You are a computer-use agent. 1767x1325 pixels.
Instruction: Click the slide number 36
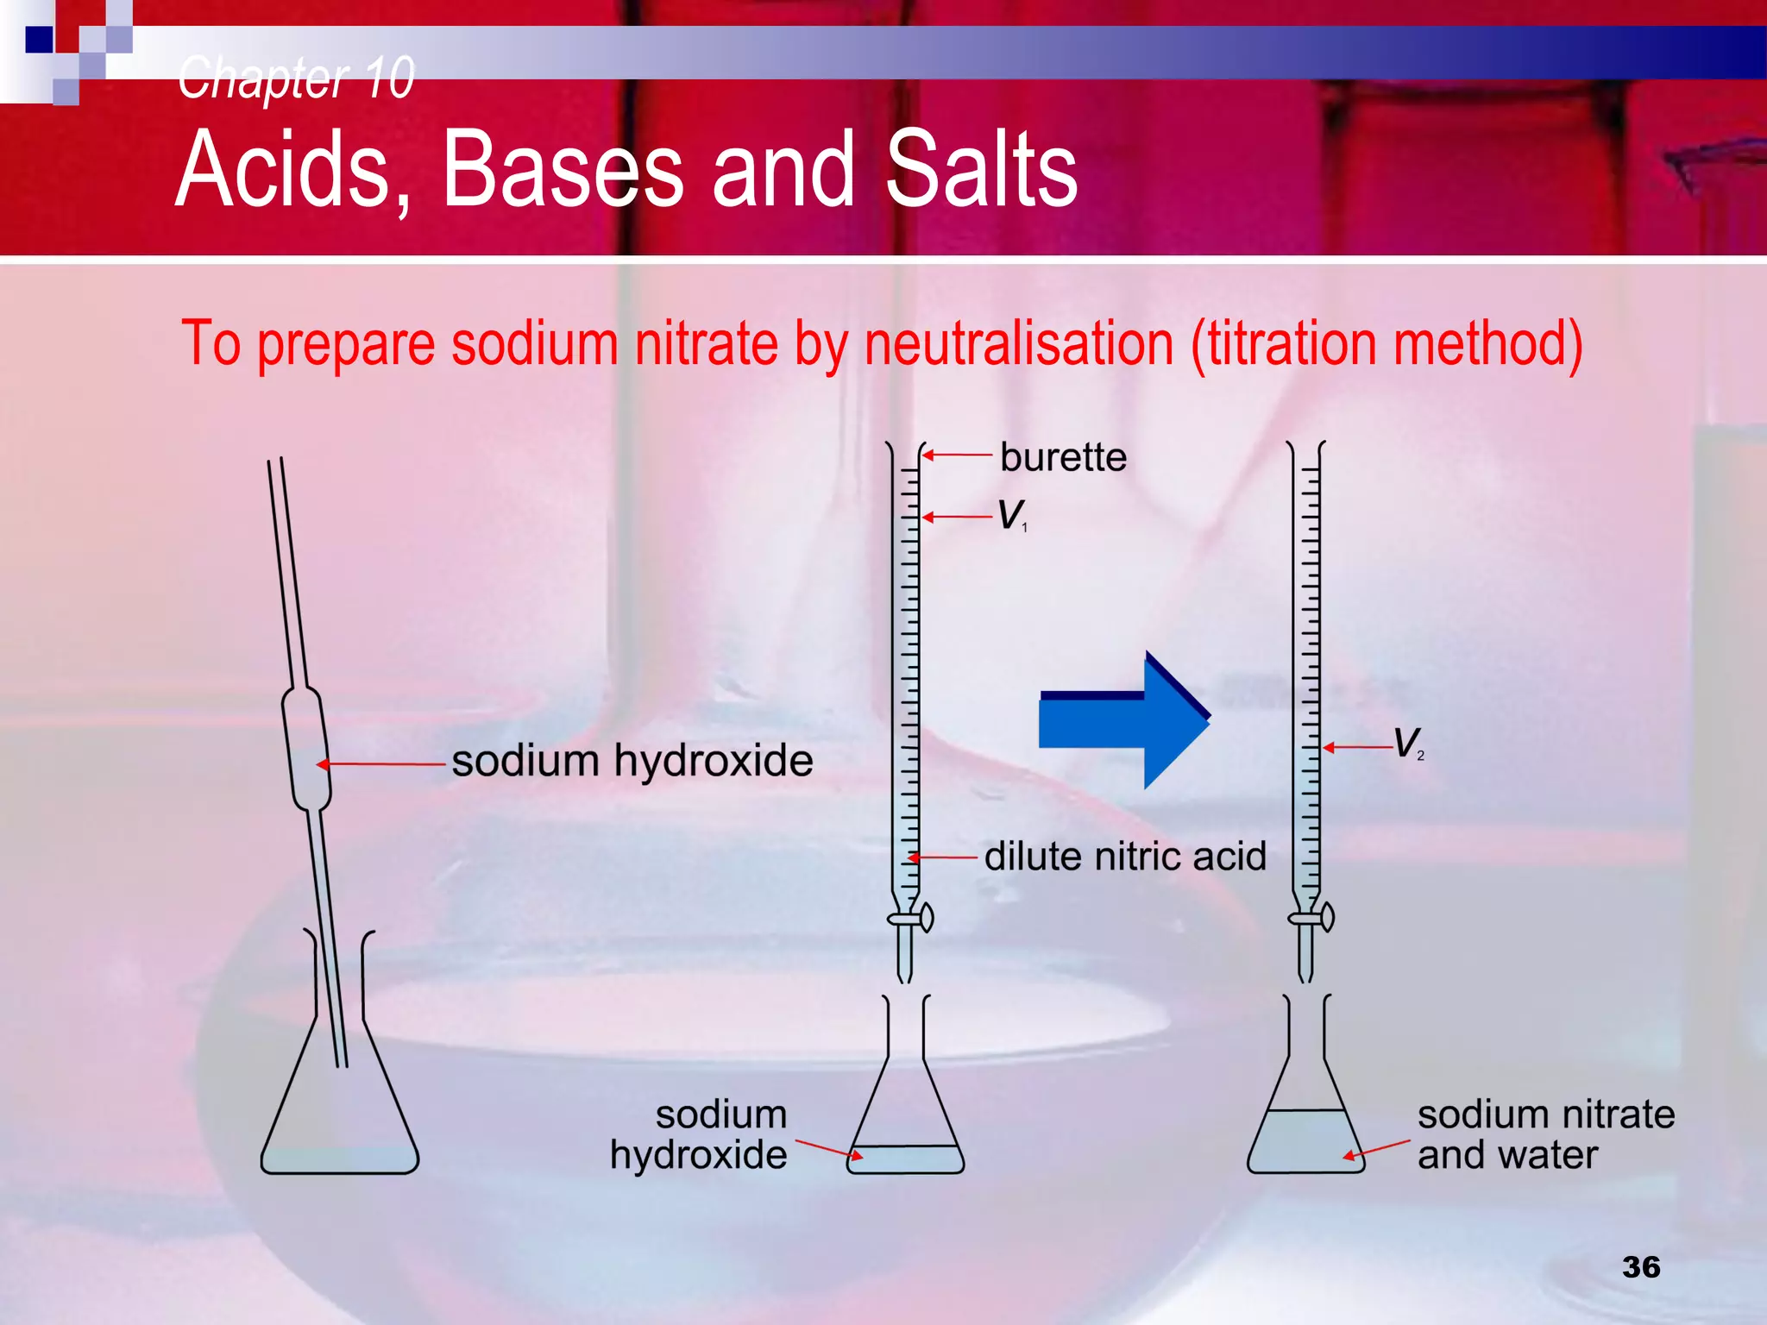1640,1266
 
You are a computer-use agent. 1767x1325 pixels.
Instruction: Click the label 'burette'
1063,457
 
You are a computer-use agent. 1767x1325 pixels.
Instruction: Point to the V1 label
1011,515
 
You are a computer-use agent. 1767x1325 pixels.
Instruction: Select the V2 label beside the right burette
1408,743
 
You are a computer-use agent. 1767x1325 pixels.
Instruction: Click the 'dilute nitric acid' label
1125,857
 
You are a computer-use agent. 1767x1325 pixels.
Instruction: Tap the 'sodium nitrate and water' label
1545,1134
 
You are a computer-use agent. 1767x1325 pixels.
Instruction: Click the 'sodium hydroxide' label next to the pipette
632,761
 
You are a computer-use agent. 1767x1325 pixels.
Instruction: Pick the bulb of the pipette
306,749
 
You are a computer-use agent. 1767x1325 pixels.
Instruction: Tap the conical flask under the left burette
905,1113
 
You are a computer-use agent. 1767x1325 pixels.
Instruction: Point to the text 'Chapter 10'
296,78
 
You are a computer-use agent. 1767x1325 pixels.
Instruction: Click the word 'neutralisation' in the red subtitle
1019,344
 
